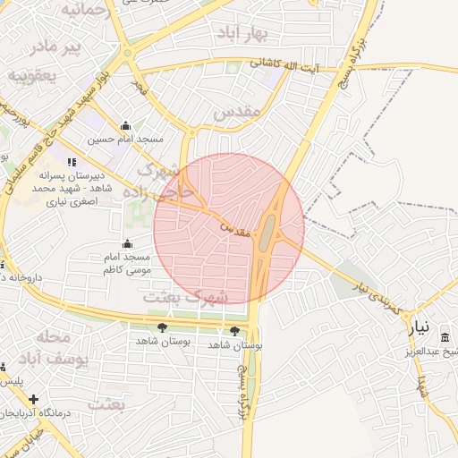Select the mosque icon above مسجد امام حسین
click(125, 126)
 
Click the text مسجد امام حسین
click(126, 140)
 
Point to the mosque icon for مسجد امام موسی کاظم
click(128, 243)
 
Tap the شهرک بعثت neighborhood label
click(186, 294)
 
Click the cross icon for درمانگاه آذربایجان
click(34, 399)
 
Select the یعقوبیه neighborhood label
click(32, 76)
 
